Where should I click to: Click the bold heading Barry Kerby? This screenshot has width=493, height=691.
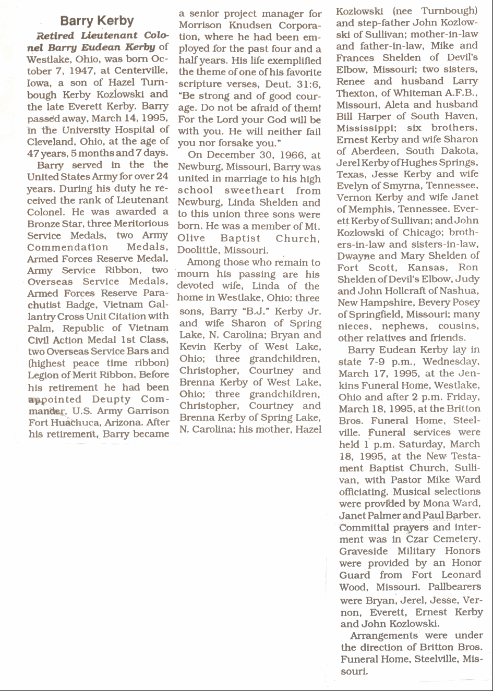pos(97,21)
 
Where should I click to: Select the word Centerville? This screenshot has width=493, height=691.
pos(141,71)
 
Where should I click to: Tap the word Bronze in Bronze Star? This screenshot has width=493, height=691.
pos(43,224)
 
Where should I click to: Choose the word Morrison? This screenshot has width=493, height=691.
pos(201,26)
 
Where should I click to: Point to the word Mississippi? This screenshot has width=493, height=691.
pos(362,128)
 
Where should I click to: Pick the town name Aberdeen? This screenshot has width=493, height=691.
pos(371,151)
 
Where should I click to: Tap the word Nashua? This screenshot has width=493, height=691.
pos(459,291)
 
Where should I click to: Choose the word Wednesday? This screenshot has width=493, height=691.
pos(450,362)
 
